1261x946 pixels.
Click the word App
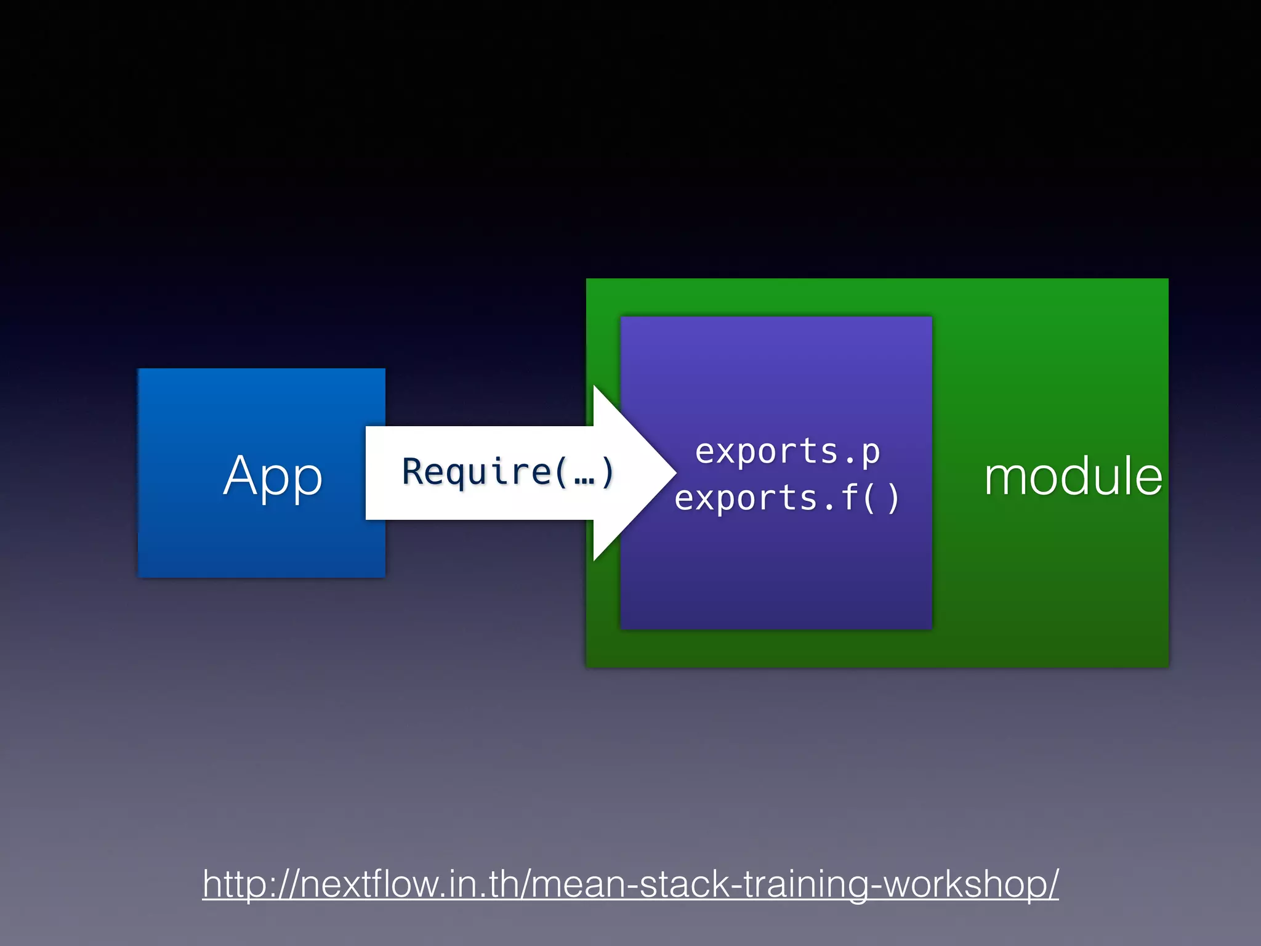pos(273,475)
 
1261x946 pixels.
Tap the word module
pos(1073,477)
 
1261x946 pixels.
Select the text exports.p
pos(788,453)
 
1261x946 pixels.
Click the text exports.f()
pos(787,498)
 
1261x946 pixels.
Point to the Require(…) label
pos(507,472)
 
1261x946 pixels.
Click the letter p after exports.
pos(871,455)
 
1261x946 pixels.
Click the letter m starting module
pos(1004,479)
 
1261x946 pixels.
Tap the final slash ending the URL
pos(1052,884)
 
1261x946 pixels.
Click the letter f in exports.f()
pos(850,497)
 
